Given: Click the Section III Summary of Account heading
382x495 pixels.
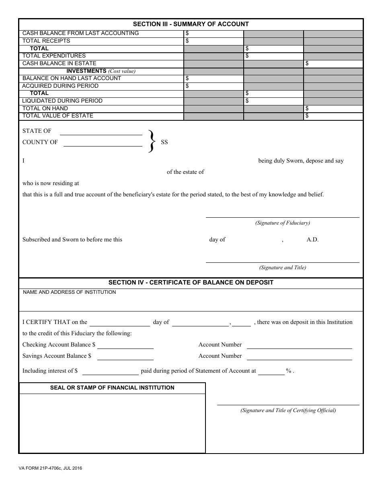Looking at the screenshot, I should (191, 24).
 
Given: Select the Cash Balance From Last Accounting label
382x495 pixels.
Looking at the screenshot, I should (80, 33).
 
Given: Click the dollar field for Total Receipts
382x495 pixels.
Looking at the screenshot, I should (214, 41).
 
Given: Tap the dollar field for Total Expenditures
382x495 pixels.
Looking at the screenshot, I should (273, 56).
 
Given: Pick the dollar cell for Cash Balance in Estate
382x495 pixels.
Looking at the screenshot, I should (333, 64).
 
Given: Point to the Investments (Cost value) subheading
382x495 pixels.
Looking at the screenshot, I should (101, 71).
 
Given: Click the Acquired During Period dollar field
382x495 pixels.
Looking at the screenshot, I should (214, 86).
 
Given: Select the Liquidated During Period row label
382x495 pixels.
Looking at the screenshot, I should (62, 101).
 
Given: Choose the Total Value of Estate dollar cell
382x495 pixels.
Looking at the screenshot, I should (333, 116).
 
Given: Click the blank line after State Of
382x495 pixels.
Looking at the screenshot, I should (101, 132).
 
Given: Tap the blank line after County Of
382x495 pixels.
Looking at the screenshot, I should (103, 143).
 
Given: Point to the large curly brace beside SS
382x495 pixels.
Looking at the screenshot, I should (152, 141).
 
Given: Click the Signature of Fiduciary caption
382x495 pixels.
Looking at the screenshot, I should (282, 223).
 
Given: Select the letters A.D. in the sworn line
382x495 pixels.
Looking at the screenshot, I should (312, 240).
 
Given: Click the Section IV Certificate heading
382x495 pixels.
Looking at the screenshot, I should (191, 283).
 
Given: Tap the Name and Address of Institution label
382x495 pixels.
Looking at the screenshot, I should (69, 292).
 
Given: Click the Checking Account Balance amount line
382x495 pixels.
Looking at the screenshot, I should (125, 345).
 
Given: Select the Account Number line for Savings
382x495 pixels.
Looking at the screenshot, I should (299, 357).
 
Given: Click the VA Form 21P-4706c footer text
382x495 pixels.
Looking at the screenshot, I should (50, 468).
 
